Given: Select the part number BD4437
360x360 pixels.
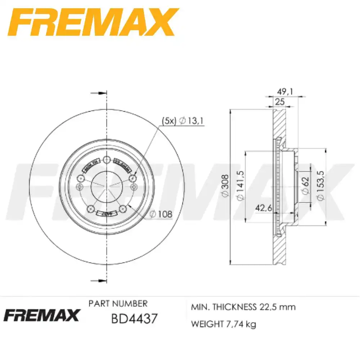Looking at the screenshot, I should [134, 318].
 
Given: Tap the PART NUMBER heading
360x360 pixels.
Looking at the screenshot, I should [118, 303].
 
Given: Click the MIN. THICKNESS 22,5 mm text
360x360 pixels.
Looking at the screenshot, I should [243, 307].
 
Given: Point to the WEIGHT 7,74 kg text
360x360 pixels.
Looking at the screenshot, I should [223, 324].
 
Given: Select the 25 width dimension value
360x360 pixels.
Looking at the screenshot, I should [280, 102].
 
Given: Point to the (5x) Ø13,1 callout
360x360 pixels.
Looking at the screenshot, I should [183, 121].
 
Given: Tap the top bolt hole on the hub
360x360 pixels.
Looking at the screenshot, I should [107, 160].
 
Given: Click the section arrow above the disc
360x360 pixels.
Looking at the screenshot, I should [95, 93].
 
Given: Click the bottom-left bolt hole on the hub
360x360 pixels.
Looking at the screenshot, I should [91, 208].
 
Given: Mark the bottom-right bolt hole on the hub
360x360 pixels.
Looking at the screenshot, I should [123, 208].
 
